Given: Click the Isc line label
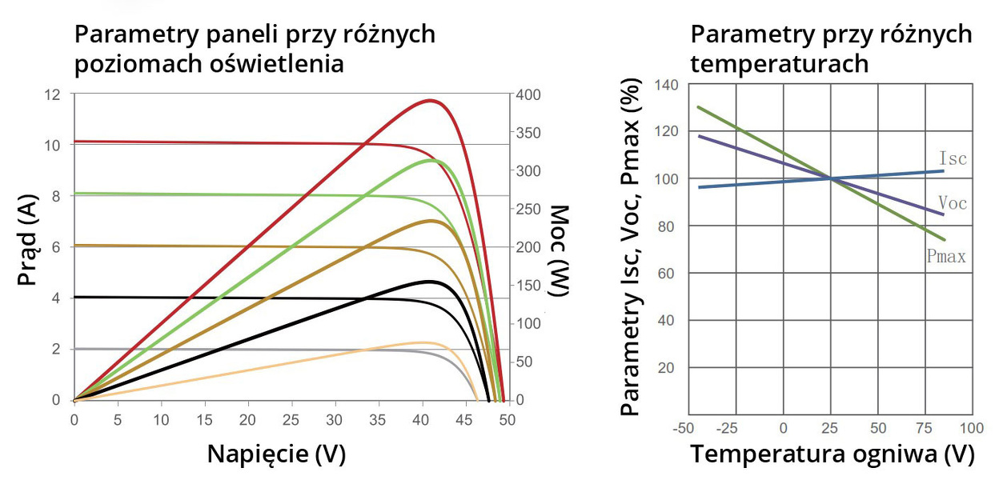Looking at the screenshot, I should pyautogui.click(x=952, y=158).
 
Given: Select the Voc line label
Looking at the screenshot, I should pyautogui.click(x=952, y=203).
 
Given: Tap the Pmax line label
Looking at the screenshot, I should pyautogui.click(x=945, y=257).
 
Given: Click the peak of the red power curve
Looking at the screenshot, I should pyautogui.click(x=431, y=100).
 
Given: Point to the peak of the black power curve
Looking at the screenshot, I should pyautogui.click(x=431, y=281).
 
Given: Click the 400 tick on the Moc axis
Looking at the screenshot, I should pyautogui.click(x=530, y=95).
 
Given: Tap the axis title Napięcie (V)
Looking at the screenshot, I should pyautogui.click(x=276, y=454).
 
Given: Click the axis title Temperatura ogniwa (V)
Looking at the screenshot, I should pyautogui.click(x=832, y=454).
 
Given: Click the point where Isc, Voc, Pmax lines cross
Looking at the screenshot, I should pyautogui.click(x=831, y=178).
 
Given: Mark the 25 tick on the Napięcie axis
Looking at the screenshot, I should pyautogui.click(x=291, y=418).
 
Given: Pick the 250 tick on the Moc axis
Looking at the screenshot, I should pyautogui.click(x=530, y=210).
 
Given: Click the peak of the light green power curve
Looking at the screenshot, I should pyautogui.click(x=433, y=160).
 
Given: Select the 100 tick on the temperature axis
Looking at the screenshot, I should pyautogui.click(x=972, y=428).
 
